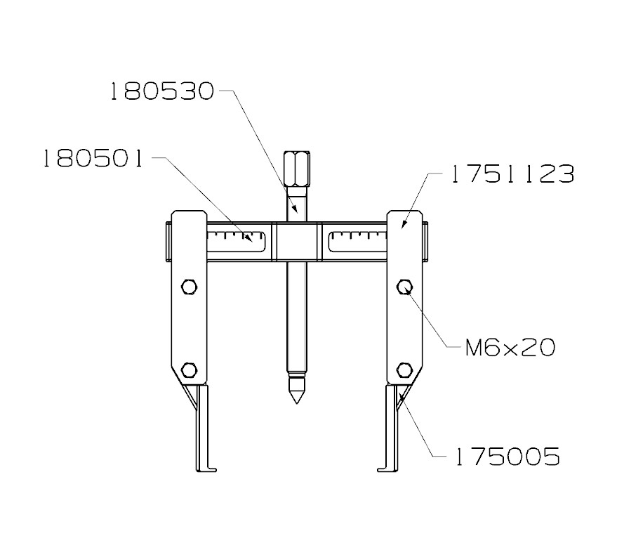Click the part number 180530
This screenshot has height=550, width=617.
[161, 92]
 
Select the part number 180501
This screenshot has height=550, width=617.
[93, 159]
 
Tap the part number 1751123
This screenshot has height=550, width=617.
[512, 174]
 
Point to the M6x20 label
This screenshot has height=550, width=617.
[510, 347]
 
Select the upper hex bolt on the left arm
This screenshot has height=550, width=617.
[188, 287]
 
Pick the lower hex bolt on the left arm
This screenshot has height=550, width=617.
[188, 369]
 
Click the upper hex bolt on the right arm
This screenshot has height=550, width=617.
[404, 287]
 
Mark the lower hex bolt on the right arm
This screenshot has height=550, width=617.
[404, 369]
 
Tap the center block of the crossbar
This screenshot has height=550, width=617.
[295, 242]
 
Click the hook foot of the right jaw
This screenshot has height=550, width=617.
[383, 468]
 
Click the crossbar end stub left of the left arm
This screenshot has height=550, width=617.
[168, 242]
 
